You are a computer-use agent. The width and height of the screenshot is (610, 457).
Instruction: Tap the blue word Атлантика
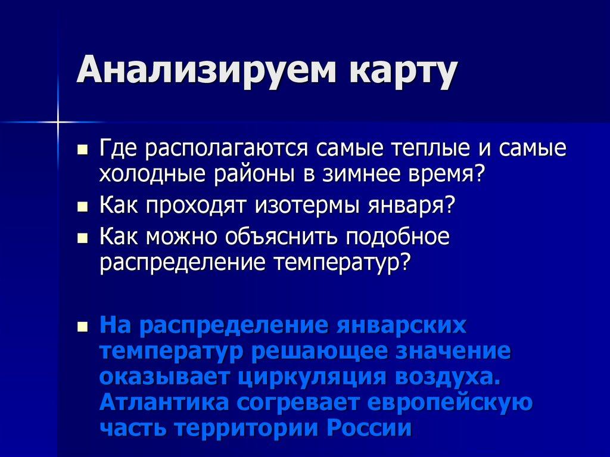click(164, 403)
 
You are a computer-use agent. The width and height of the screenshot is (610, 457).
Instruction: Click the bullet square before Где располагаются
click(83, 148)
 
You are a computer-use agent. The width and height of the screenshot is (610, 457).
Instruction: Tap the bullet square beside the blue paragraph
click(83, 327)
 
